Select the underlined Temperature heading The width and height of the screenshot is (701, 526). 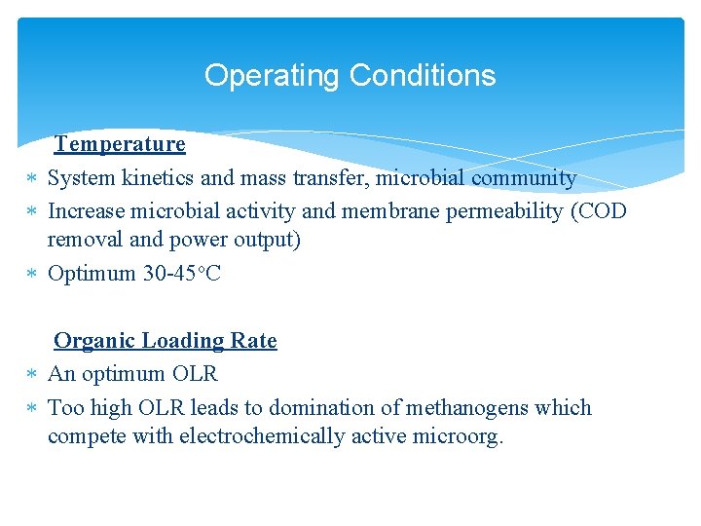tap(120, 144)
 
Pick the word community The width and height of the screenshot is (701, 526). tap(524, 179)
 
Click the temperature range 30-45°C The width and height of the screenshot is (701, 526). tap(182, 274)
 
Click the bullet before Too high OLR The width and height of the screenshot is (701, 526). tap(32, 408)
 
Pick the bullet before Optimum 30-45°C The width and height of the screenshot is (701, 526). tap(32, 275)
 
